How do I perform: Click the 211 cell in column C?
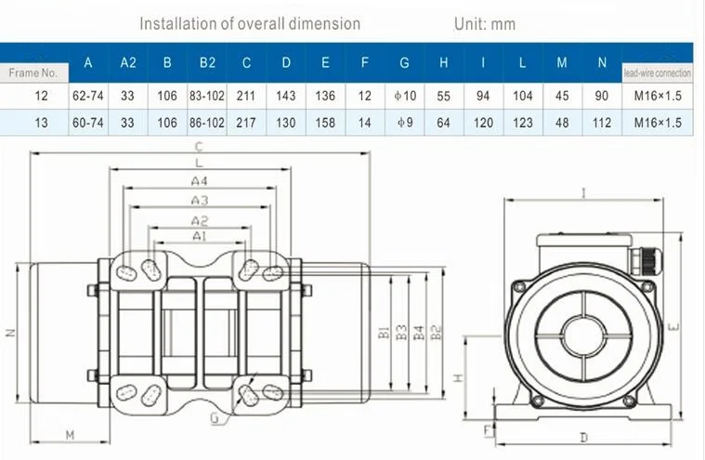[246, 96]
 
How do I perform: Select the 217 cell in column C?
[246, 123]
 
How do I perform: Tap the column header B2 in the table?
[207, 62]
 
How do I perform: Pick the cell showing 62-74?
[88, 96]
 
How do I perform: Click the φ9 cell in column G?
[405, 123]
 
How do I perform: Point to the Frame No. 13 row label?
[41, 123]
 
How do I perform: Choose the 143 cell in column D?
[286, 96]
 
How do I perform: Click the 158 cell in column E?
[325, 123]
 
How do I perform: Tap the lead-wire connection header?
[658, 73]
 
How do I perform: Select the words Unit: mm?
[485, 24]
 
